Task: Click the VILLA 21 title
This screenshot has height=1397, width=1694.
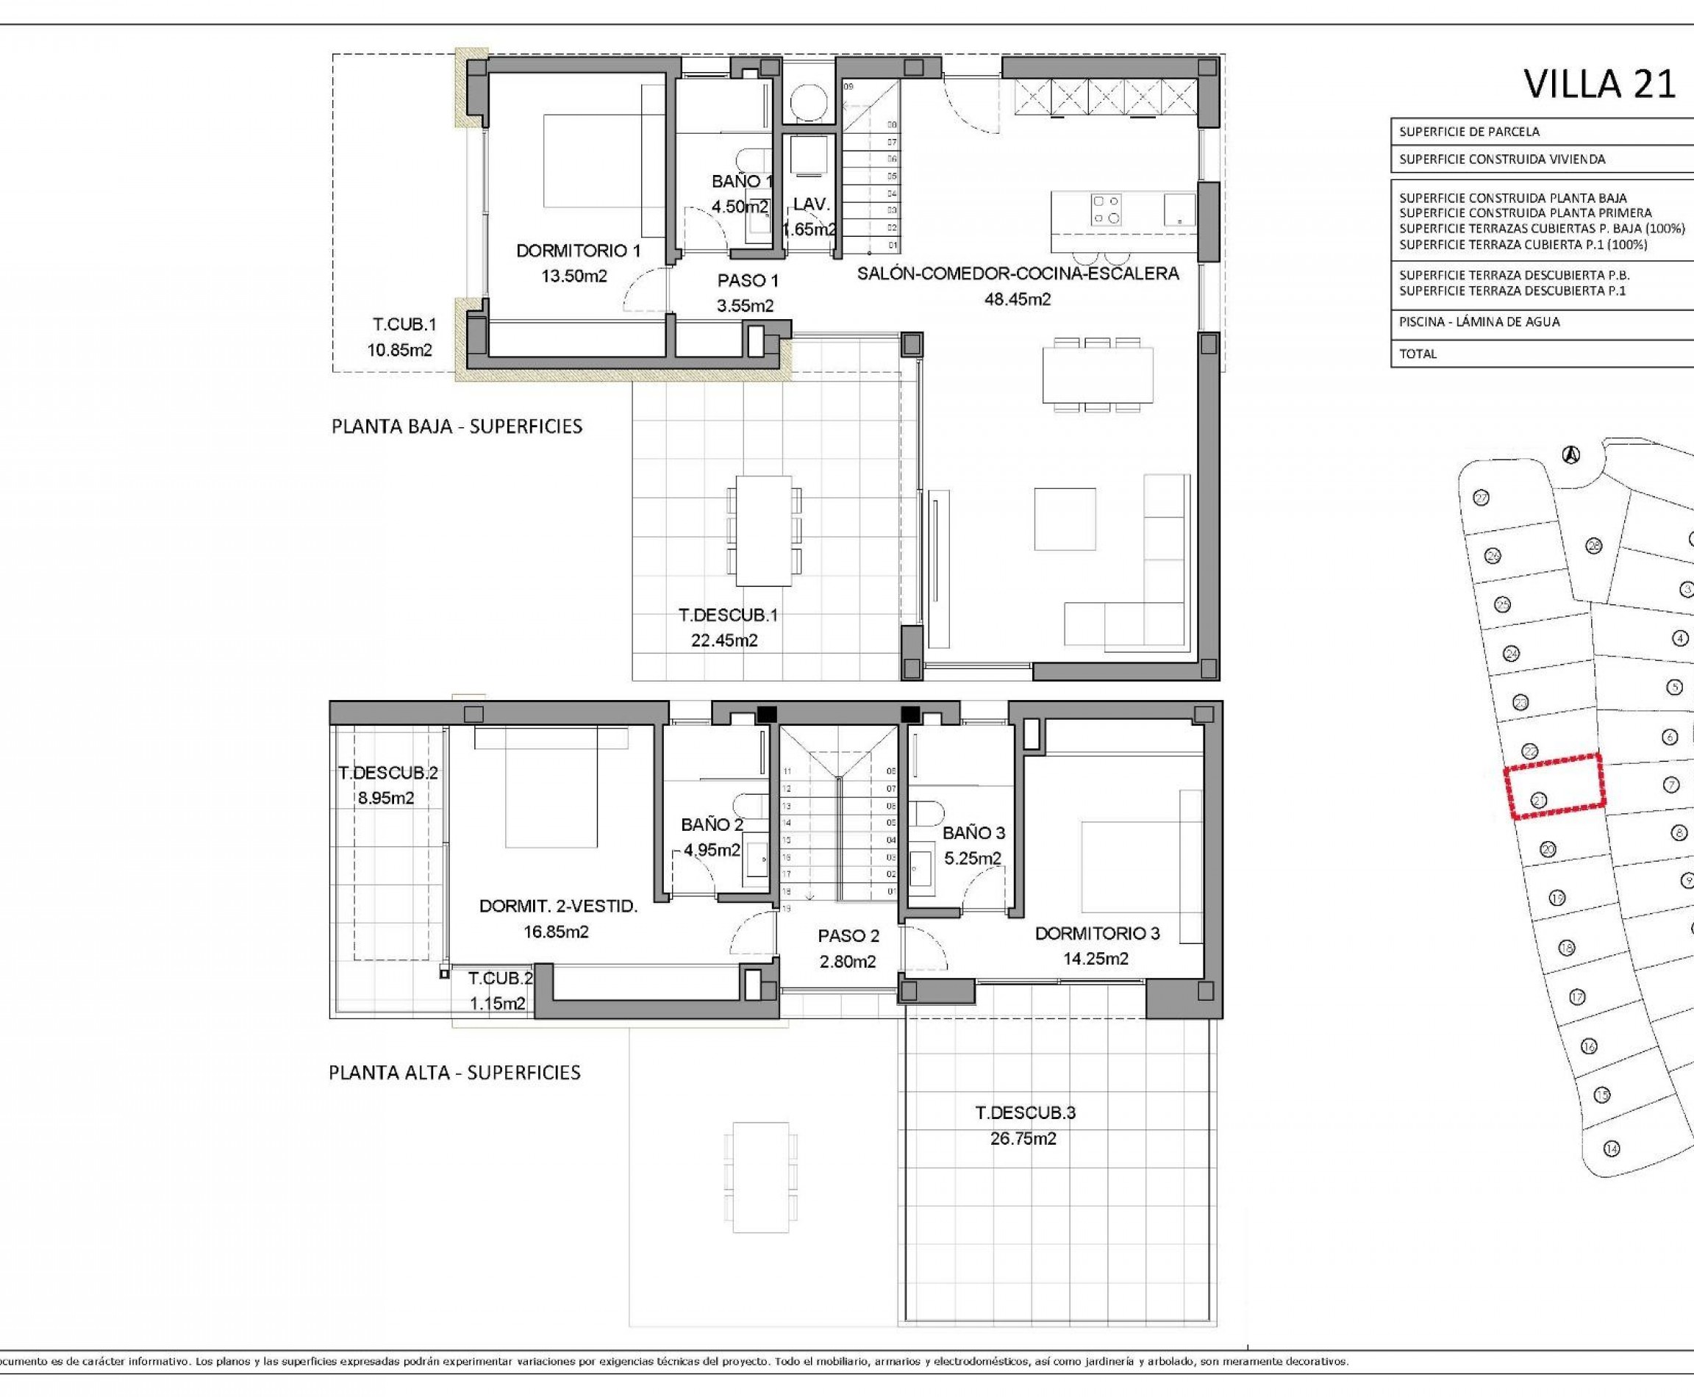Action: (x=1599, y=84)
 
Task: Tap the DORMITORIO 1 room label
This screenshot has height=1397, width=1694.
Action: (x=578, y=250)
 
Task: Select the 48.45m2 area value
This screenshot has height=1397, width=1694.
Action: (x=1017, y=299)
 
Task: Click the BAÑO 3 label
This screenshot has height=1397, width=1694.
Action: (x=973, y=833)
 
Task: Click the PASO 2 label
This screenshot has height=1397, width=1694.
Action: (x=848, y=936)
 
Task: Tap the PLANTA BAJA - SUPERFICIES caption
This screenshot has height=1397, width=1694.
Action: (x=457, y=426)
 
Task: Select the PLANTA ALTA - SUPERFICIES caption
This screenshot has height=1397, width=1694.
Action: (x=454, y=1073)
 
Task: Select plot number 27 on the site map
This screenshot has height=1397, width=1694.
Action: (x=1481, y=498)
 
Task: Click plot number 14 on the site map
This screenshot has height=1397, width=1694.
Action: (x=1610, y=1148)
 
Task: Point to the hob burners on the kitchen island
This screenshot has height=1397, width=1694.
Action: (x=1106, y=210)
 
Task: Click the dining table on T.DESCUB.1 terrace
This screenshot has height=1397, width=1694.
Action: (x=763, y=530)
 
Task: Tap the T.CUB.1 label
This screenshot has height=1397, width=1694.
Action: (x=404, y=325)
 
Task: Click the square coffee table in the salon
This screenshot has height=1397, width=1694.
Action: (x=1065, y=519)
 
